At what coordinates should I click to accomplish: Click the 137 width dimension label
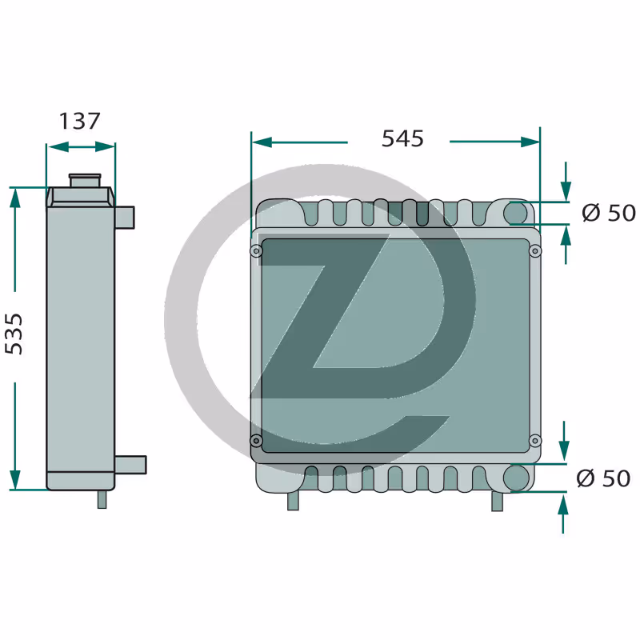click(x=79, y=122)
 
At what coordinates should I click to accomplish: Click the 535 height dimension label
click(x=14, y=334)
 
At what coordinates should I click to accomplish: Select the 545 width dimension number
click(x=402, y=138)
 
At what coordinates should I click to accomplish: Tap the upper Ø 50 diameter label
click(x=609, y=213)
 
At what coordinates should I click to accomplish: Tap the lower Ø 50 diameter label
click(x=603, y=478)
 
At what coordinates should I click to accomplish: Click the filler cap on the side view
click(x=85, y=180)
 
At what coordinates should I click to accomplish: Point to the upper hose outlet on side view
click(x=125, y=218)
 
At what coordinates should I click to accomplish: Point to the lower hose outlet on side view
click(x=130, y=465)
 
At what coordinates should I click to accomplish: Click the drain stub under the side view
click(x=102, y=499)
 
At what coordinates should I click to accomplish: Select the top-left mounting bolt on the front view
click(x=256, y=250)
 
